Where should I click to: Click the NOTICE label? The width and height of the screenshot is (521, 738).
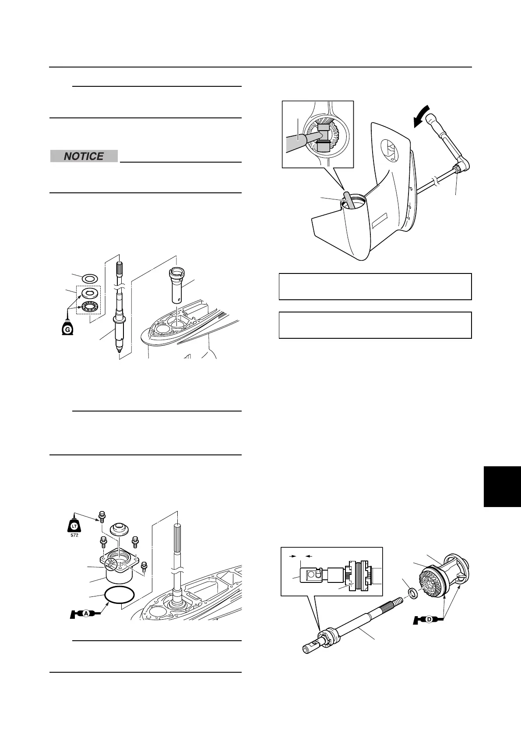[x=84, y=156]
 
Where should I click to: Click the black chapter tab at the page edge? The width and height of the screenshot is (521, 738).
[x=502, y=487]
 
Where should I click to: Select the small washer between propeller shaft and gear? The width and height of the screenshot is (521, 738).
[x=412, y=593]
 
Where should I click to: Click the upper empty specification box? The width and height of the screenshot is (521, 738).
[x=375, y=287]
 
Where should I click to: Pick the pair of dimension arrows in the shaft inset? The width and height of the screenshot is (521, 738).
[x=301, y=555]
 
